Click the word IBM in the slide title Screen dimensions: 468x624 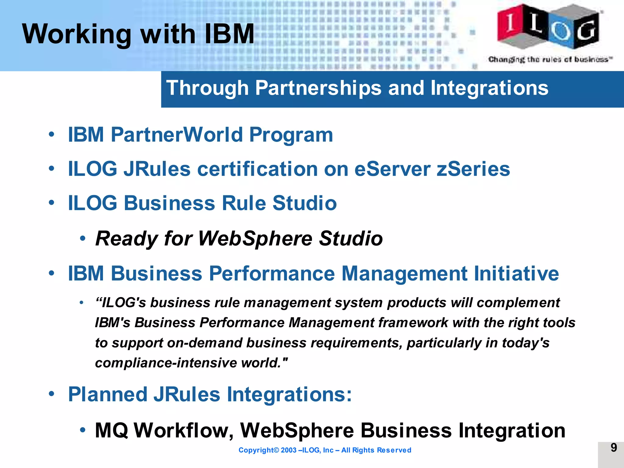coord(229,34)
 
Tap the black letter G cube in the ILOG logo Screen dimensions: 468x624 coord(587,30)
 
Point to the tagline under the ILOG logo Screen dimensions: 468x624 coord(550,59)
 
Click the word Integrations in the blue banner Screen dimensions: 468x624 coord(489,88)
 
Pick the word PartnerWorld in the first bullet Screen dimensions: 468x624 coord(177,135)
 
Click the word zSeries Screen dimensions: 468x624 coord(473,169)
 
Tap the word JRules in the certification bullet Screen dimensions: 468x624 coord(157,169)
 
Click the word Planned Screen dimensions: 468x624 coord(107,394)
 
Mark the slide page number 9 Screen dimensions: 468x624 coord(614,448)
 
